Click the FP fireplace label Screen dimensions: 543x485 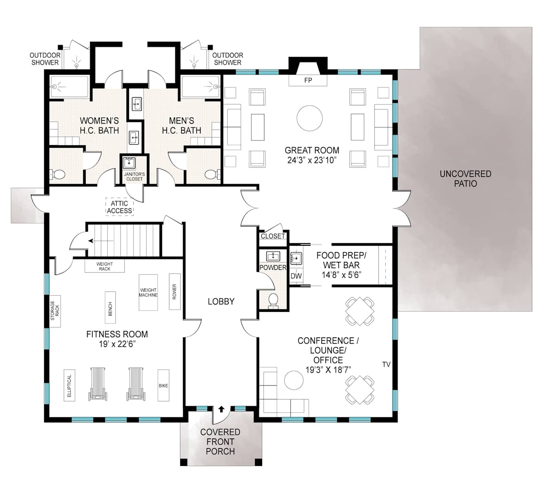click(x=308, y=80)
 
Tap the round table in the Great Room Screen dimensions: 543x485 click(x=309, y=118)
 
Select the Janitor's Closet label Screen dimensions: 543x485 click(x=134, y=177)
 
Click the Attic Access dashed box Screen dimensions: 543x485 click(x=119, y=207)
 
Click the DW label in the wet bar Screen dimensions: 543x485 click(x=296, y=276)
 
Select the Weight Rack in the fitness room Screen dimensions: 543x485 click(x=104, y=266)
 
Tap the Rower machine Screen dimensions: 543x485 click(x=174, y=292)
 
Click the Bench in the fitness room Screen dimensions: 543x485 click(x=110, y=307)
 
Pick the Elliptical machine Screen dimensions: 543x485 click(x=70, y=385)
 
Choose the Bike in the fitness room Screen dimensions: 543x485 click(x=163, y=385)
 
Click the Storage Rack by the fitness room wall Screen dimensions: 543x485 click(x=55, y=311)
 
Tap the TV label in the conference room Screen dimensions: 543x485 click(x=386, y=364)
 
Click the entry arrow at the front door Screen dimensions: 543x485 click(x=221, y=409)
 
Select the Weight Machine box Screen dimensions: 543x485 click(x=148, y=292)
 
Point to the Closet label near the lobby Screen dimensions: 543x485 click(x=273, y=236)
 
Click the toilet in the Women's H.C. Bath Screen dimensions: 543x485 click(x=57, y=174)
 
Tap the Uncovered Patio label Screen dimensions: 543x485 click(x=465, y=179)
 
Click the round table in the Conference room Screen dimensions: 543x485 click(x=294, y=380)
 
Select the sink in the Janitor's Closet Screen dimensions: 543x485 click(x=129, y=163)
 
